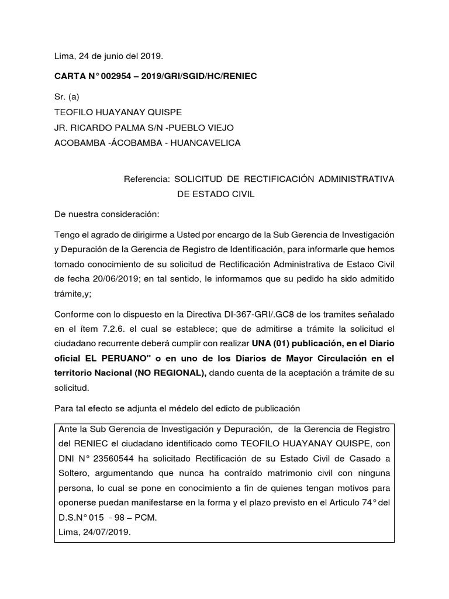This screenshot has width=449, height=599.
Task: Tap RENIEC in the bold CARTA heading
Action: click(x=240, y=77)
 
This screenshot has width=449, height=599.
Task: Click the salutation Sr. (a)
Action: click(x=67, y=97)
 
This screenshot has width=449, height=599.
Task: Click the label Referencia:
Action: click(x=147, y=179)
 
